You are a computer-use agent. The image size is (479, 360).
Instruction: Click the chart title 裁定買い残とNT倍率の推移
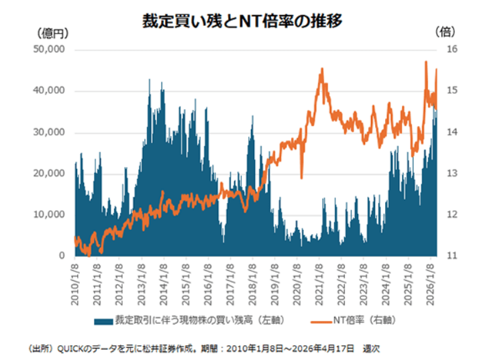(242, 21)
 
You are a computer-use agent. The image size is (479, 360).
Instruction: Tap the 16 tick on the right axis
(451, 50)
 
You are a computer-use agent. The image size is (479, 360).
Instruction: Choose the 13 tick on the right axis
(451, 173)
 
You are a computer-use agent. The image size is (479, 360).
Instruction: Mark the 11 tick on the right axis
(451, 255)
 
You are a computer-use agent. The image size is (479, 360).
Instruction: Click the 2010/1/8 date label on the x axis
(75, 279)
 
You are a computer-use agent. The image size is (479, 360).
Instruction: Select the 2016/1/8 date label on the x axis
(207, 279)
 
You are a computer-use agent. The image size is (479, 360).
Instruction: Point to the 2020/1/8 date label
(295, 279)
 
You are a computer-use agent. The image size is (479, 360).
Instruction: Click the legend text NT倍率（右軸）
(362, 320)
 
